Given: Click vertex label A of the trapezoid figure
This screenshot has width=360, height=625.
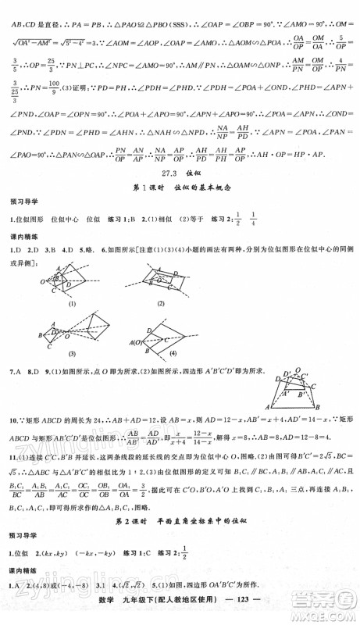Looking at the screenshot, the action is click(x=269, y=407).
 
